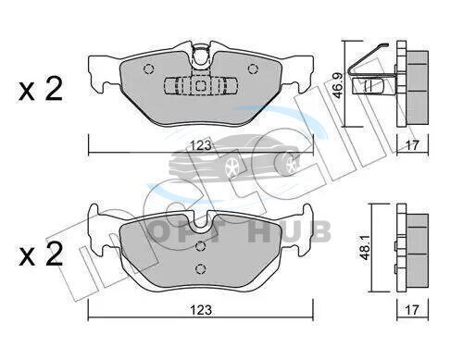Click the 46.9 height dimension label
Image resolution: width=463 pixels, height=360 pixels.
[338, 85]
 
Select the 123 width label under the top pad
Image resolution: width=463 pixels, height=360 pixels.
[201, 145]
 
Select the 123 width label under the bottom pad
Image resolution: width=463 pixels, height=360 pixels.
[201, 310]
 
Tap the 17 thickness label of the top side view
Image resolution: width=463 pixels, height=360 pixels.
[412, 145]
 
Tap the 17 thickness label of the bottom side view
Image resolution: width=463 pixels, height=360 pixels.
[412, 310]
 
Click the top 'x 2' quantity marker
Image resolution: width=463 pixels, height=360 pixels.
[41, 89]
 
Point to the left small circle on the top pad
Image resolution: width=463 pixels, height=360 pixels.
[148, 68]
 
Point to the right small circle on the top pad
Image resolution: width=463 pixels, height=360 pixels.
[253, 68]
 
